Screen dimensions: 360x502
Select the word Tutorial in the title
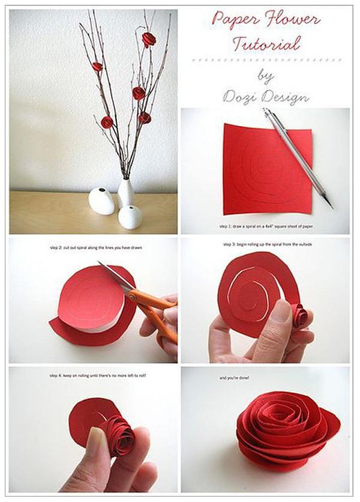click(x=266, y=44)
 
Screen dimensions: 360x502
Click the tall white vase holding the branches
click(x=126, y=193)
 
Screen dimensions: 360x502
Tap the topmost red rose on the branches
click(x=149, y=39)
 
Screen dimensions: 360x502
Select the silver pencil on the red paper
click(x=298, y=158)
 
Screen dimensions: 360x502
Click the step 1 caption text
click(x=266, y=226)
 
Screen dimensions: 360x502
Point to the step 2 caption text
click(x=96, y=248)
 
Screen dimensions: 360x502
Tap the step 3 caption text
click(x=267, y=244)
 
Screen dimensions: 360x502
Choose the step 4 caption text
click(x=98, y=375)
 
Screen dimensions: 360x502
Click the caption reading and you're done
click(x=234, y=378)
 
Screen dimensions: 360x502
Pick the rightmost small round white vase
click(x=130, y=217)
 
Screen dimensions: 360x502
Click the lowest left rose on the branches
click(x=107, y=121)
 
